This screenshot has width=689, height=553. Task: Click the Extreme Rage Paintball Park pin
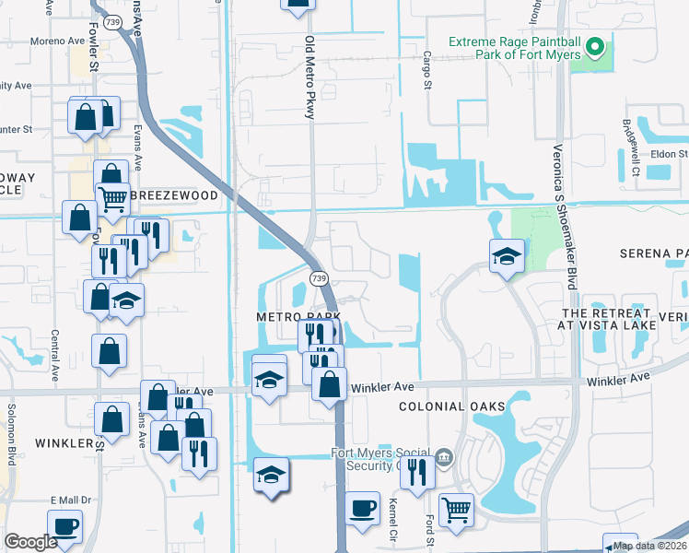[595, 45]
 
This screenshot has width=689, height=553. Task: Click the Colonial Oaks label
[451, 406]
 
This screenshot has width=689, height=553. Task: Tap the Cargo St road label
[426, 71]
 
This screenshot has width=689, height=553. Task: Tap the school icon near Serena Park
[507, 257]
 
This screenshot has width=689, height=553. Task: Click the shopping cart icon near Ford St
[456, 510]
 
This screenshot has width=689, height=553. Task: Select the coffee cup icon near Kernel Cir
[363, 508]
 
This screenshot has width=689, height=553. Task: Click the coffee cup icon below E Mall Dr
[64, 527]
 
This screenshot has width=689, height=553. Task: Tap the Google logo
[30, 542]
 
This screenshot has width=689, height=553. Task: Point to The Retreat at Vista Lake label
[608, 319]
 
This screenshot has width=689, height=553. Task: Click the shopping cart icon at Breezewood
[112, 196]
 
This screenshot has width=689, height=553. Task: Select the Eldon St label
[669, 155]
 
